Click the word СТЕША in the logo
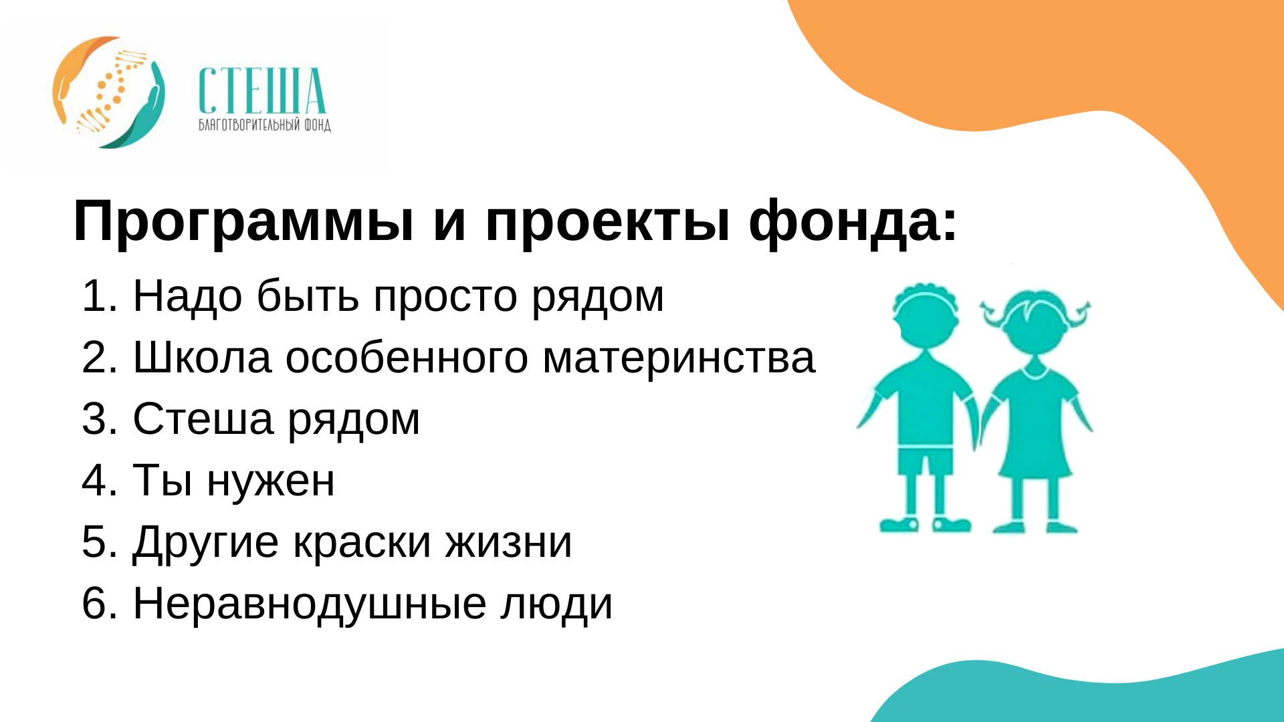(x=262, y=91)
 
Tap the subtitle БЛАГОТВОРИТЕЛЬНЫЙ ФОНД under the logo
(x=265, y=125)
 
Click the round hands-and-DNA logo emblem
(x=108, y=92)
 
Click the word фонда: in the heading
(x=853, y=221)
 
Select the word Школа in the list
(x=203, y=357)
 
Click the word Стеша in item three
(x=203, y=418)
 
